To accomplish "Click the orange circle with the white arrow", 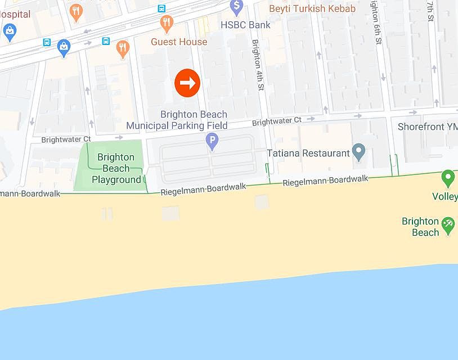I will [x=187, y=83].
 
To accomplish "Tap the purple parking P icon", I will [x=212, y=141].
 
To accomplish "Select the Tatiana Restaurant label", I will [x=308, y=153].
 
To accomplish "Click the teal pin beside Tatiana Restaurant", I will [x=358, y=151].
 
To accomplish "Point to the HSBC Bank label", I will [x=245, y=25].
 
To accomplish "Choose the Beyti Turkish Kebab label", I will [x=312, y=8].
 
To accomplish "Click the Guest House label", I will [x=179, y=42].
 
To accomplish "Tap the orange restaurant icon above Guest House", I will [x=166, y=23].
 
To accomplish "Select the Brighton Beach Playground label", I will [x=116, y=168].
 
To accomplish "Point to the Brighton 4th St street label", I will [x=258, y=65].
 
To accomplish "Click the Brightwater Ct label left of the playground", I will [x=66, y=138].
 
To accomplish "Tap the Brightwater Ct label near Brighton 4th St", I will [x=276, y=121].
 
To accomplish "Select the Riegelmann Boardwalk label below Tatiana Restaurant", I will [x=325, y=181].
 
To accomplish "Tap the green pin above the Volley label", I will [x=448, y=178].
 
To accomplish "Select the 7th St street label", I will [x=430, y=11].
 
